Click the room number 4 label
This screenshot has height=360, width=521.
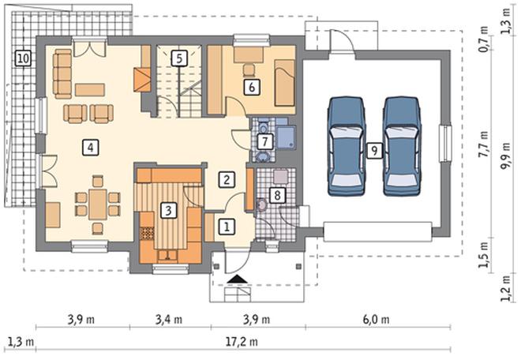[90, 148]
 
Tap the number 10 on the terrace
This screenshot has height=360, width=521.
[23, 58]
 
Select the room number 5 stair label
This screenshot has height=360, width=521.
[179, 58]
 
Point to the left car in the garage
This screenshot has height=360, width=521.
[347, 146]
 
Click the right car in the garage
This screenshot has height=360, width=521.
[402, 146]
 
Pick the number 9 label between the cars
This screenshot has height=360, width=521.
[374, 151]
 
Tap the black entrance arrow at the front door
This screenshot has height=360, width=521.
[238, 279]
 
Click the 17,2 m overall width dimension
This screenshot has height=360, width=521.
[242, 342]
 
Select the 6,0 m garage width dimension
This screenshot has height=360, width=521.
[376, 320]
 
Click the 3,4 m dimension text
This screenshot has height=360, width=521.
[169, 320]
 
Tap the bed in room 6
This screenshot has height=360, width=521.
[285, 83]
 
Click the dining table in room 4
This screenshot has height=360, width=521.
[98, 204]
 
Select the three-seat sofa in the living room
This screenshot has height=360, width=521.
[62, 73]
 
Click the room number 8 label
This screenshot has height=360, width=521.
[277, 195]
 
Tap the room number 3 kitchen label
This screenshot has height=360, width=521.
[168, 210]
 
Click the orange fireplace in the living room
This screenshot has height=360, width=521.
[142, 80]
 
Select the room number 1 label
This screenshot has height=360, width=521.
[227, 227]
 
